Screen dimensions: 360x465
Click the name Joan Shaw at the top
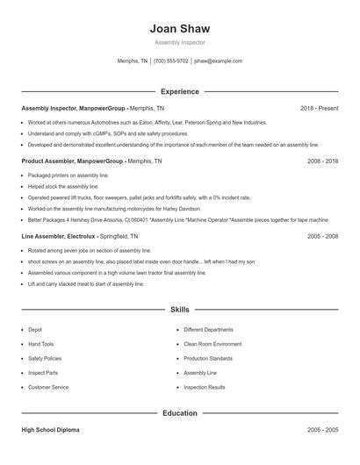click(x=180, y=29)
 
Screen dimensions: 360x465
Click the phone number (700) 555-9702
click(x=170, y=61)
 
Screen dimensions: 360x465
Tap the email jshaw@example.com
click(x=218, y=61)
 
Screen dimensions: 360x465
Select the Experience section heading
click(x=180, y=91)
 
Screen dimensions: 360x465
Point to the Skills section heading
click(x=180, y=310)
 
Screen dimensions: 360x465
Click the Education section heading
click(x=180, y=412)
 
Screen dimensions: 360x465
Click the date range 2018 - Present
click(x=319, y=108)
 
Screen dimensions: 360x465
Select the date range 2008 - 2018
click(x=322, y=161)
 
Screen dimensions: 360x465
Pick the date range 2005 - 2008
click(x=322, y=236)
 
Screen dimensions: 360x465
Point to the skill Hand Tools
click(x=40, y=344)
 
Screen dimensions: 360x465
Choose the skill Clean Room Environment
click(x=213, y=344)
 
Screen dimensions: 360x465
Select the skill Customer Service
click(x=47, y=387)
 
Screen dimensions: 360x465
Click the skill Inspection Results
click(x=205, y=387)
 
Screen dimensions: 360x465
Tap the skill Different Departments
click(x=210, y=330)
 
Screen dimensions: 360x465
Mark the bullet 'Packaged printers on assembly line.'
click(x=68, y=175)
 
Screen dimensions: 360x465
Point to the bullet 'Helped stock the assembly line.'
click(x=63, y=187)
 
